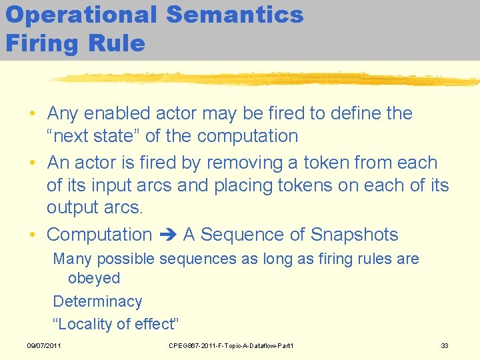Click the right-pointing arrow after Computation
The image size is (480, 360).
pos(167,235)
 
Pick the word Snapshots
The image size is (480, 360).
pos(355,235)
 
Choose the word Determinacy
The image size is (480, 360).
pos(97,301)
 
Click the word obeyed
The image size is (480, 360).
pos(94,278)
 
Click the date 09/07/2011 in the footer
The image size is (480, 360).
pos(44,345)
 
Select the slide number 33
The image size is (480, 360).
pos(445,345)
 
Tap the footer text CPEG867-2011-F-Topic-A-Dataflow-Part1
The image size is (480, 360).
pos(231,345)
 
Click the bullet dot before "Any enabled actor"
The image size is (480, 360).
pos(32,114)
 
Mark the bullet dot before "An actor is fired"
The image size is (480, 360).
pos(32,163)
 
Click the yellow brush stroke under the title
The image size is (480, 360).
pos(267,79)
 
